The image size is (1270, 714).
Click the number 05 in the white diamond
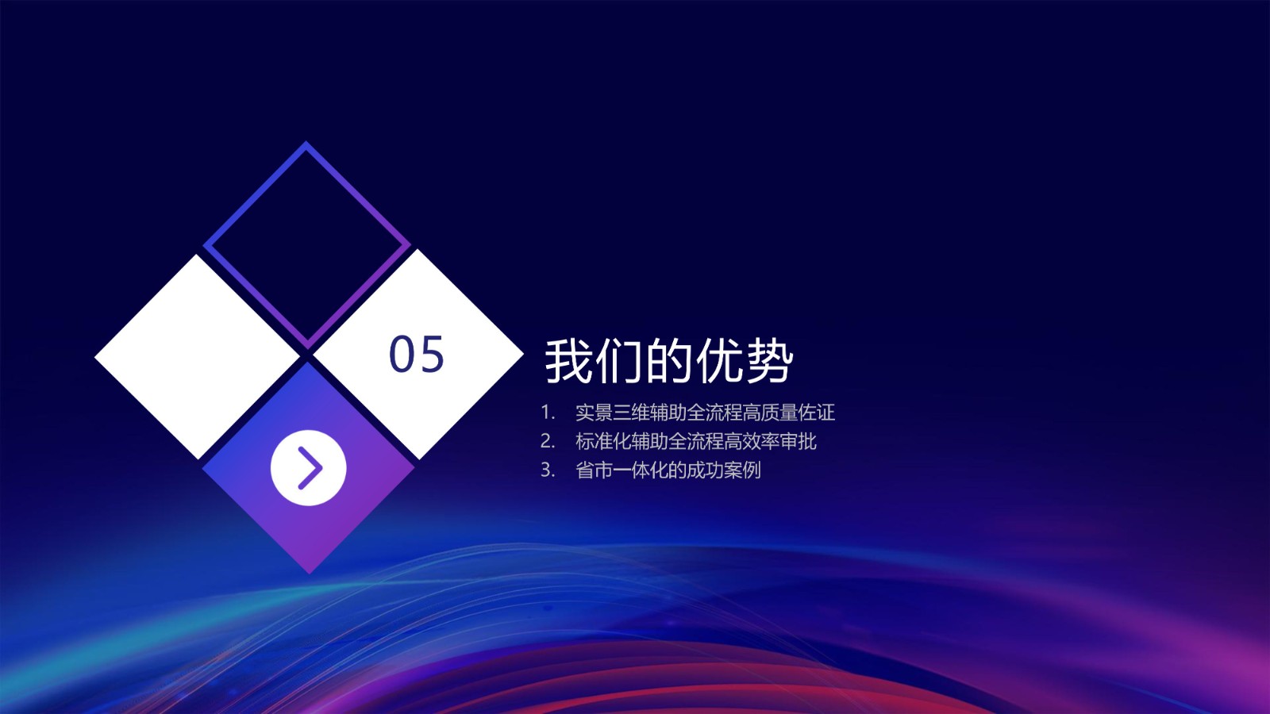pyautogui.click(x=416, y=354)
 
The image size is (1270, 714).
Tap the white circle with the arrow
pyautogui.click(x=309, y=467)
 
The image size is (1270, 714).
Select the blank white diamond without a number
pyautogui.click(x=198, y=356)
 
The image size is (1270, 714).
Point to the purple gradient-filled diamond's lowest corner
pyautogui.click(x=309, y=574)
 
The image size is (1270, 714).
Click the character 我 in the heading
pyautogui.click(x=568, y=361)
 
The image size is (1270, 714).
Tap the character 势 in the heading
pyautogui.click(x=769, y=361)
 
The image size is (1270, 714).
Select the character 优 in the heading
pyautogui.click(x=719, y=361)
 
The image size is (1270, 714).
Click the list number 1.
pyautogui.click(x=547, y=413)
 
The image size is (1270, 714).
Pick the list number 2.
pyautogui.click(x=547, y=441)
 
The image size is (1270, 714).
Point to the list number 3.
pyautogui.click(x=547, y=470)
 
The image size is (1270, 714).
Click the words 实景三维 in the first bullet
pyautogui.click(x=612, y=413)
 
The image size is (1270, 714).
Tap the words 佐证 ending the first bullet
pyautogui.click(x=817, y=413)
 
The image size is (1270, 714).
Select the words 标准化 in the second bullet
pyautogui.click(x=603, y=441)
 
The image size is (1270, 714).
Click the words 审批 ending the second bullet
pyautogui.click(x=799, y=441)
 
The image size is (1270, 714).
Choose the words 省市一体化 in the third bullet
pyautogui.click(x=622, y=470)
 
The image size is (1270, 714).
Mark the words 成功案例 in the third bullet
pyautogui.click(x=723, y=470)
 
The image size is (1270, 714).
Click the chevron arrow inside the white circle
pyautogui.click(x=311, y=468)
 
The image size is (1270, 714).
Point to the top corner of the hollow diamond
pyautogui.click(x=306, y=141)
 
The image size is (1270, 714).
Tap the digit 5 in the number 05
pyautogui.click(x=431, y=354)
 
